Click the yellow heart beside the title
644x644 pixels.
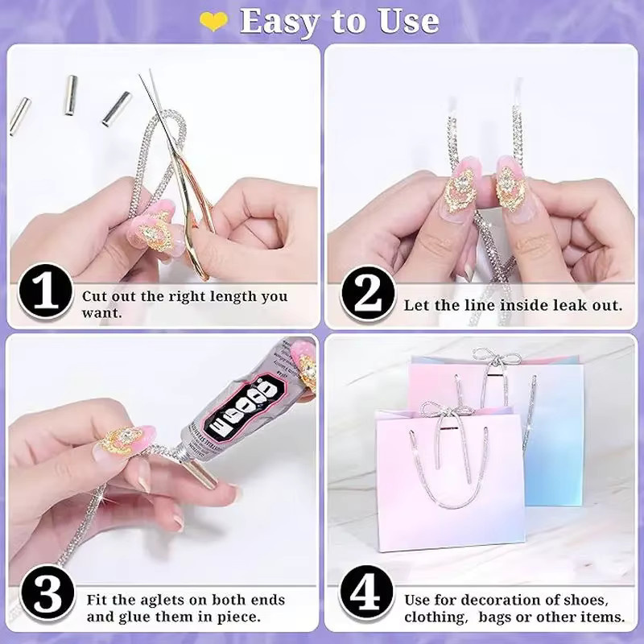click(213, 21)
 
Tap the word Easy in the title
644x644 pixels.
click(279, 23)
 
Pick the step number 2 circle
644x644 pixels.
click(368, 294)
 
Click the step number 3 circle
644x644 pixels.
click(47, 593)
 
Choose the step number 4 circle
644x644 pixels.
click(366, 593)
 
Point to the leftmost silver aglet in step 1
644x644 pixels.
click(19, 116)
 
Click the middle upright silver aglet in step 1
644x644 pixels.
click(71, 95)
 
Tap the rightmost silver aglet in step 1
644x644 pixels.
click(116, 109)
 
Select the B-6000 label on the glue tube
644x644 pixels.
click(245, 407)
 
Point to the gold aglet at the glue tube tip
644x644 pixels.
click(200, 473)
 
